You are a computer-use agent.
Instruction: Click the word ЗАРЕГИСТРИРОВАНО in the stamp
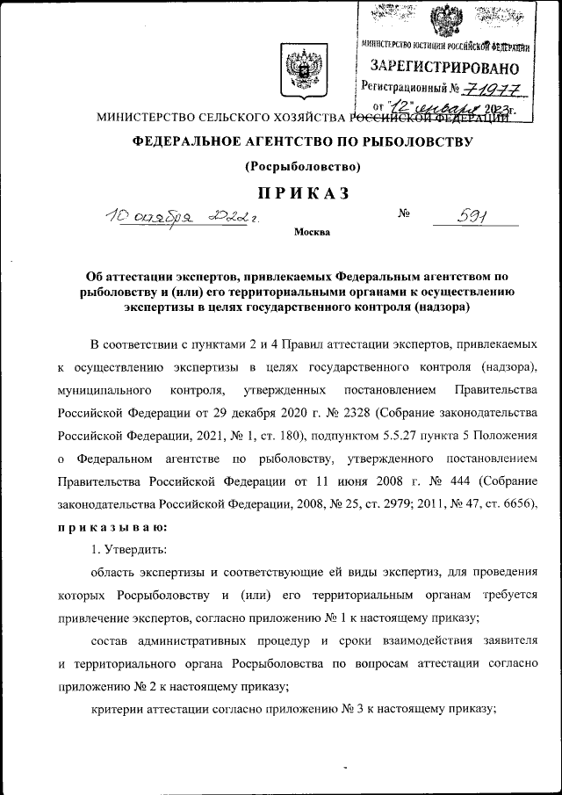(x=443, y=67)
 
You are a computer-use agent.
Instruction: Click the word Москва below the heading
(x=312, y=233)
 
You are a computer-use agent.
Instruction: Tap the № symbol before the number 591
(x=405, y=213)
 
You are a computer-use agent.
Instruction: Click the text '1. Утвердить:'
(x=132, y=549)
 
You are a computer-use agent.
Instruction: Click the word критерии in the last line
(x=118, y=709)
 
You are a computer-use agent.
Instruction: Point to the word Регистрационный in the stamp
(x=403, y=88)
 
